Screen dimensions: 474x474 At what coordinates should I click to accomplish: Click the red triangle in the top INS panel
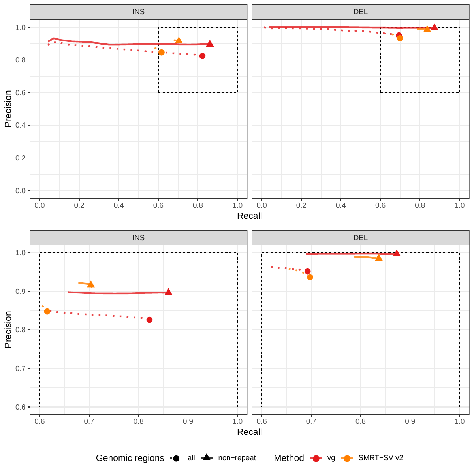[210, 44]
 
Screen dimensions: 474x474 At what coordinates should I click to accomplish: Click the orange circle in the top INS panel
[161, 53]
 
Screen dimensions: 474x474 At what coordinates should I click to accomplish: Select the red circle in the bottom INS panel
[149, 320]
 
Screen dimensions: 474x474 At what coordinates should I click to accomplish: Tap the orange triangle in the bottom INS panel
[91, 284]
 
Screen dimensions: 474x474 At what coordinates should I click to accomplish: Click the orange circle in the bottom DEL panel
[310, 277]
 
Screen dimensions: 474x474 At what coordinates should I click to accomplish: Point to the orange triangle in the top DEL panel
[427, 29]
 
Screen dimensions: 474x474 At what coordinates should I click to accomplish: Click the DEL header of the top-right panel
[360, 12]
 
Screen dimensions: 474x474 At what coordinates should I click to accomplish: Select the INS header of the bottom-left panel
[138, 238]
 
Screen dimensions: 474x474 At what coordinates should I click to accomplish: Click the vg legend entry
[331, 458]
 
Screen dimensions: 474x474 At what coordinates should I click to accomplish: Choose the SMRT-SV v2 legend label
[380, 458]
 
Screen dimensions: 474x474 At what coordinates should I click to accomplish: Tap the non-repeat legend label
[237, 458]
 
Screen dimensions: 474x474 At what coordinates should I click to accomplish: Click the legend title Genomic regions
[130, 458]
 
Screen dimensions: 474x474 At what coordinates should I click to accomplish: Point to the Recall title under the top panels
[249, 216]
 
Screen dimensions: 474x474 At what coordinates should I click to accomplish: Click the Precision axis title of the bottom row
[8, 329]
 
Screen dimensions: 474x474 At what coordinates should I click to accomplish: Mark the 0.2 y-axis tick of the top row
[21, 158]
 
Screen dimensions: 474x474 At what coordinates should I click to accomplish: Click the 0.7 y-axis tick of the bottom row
[21, 369]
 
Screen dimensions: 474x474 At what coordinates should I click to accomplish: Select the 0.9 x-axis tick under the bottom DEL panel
[410, 421]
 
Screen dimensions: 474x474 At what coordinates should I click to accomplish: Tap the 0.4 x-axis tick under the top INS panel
[118, 206]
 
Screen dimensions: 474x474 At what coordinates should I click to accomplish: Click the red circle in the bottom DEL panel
[307, 271]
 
